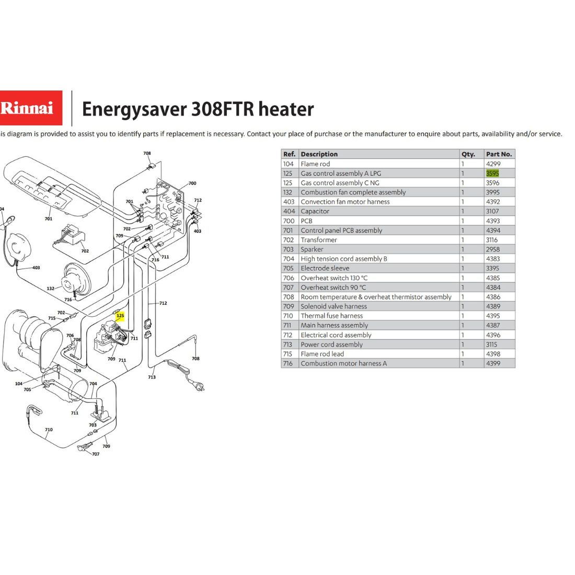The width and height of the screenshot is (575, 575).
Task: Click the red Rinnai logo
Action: pyautogui.click(x=31, y=108)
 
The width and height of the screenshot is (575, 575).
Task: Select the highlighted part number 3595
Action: pyautogui.click(x=492, y=173)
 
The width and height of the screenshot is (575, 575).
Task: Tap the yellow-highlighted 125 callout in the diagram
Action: pyautogui.click(x=120, y=315)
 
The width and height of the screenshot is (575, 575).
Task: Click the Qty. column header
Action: pyautogui.click(x=468, y=154)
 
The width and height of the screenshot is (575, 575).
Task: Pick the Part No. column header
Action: pyautogui.click(x=499, y=154)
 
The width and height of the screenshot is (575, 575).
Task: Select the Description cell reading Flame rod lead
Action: pyautogui.click(x=323, y=354)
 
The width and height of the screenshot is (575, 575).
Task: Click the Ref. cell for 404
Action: pyautogui.click(x=289, y=211)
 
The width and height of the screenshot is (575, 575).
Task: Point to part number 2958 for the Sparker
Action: pyautogui.click(x=493, y=249)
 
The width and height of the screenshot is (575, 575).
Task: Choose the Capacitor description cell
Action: pyautogui.click(x=315, y=211)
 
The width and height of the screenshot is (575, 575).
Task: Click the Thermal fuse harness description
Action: pyautogui.click(x=332, y=316)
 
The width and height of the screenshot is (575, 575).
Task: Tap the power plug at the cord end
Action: pyautogui.click(x=197, y=385)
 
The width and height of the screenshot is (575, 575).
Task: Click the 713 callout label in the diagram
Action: pyautogui.click(x=152, y=377)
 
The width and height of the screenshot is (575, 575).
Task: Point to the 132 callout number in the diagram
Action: pyautogui.click(x=51, y=289)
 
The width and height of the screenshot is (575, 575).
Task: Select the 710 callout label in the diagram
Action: pyautogui.click(x=49, y=429)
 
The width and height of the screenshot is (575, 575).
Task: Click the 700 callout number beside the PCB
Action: pyautogui.click(x=192, y=183)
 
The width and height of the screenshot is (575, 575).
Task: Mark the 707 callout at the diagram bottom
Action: pyautogui.click(x=96, y=454)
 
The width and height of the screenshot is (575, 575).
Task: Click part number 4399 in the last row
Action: pyautogui.click(x=493, y=363)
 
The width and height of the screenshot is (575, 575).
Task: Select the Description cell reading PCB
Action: pyautogui.click(x=306, y=221)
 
